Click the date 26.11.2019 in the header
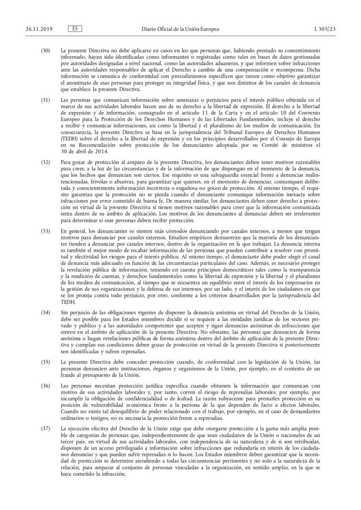(x=31, y=15)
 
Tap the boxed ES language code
(x=74, y=15)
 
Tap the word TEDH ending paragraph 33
(x=67, y=302)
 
